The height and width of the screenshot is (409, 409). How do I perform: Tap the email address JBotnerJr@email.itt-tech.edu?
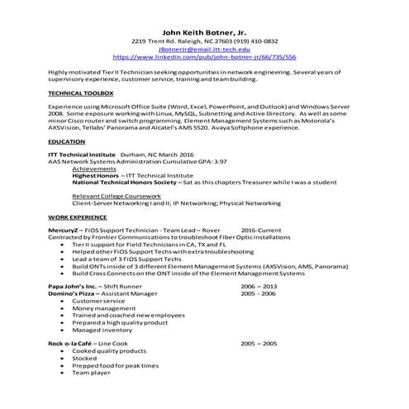click(204, 49)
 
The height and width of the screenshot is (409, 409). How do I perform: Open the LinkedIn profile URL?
click(204, 57)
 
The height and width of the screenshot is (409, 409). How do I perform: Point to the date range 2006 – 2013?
click(259, 285)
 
